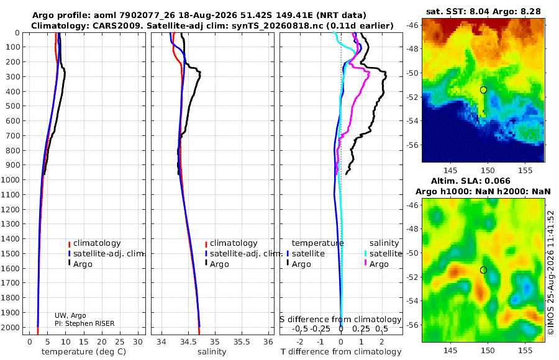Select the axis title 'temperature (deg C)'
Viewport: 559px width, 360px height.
point(84,352)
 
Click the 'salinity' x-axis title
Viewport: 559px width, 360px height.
point(212,352)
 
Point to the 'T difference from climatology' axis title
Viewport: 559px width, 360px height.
point(341,352)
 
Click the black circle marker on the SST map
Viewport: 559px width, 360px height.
point(483,90)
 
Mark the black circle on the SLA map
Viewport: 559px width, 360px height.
point(483,270)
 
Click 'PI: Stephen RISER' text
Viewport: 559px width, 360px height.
point(84,323)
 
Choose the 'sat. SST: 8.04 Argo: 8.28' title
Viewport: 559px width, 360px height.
point(483,11)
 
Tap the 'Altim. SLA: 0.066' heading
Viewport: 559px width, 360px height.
point(471,181)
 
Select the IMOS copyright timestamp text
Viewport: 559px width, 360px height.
point(551,272)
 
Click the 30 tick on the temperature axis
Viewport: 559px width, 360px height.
point(138,342)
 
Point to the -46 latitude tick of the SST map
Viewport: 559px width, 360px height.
point(413,25)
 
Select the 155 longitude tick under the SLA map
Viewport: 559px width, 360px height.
point(525,350)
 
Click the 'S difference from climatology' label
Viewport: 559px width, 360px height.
point(340,319)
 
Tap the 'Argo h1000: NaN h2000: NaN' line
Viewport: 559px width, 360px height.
point(483,192)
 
